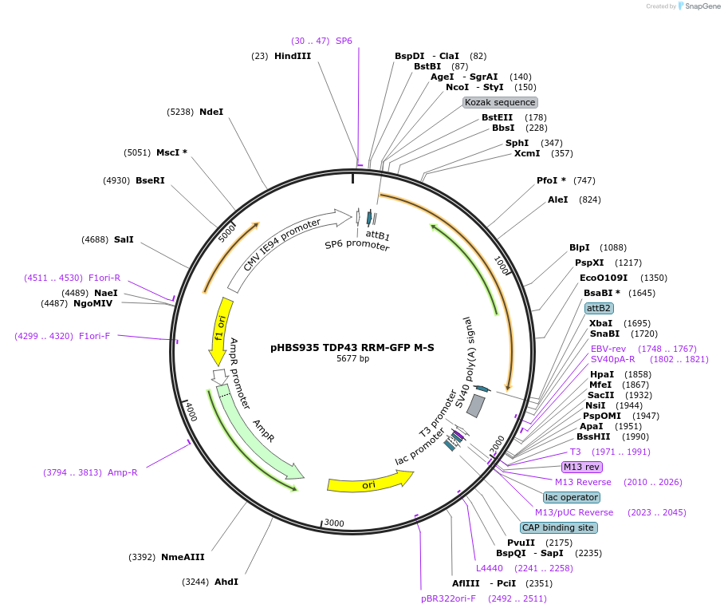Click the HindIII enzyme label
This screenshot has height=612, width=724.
292,56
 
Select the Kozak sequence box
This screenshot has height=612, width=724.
501,102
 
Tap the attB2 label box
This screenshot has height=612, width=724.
599,308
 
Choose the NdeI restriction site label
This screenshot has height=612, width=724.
211,112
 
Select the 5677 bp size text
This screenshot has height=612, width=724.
352,358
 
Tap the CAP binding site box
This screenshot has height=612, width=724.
558,527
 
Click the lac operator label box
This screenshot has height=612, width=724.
572,497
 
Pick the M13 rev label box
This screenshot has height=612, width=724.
582,467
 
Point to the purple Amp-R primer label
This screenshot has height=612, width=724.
123,472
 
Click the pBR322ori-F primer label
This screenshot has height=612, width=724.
449,598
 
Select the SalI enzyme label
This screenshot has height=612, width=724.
124,239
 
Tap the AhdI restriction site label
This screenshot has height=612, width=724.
226,582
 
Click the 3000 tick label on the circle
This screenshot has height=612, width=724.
334,523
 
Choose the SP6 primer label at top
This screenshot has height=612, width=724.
344,40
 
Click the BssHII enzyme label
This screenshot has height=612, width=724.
593,436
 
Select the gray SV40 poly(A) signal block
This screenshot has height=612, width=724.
476,405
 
